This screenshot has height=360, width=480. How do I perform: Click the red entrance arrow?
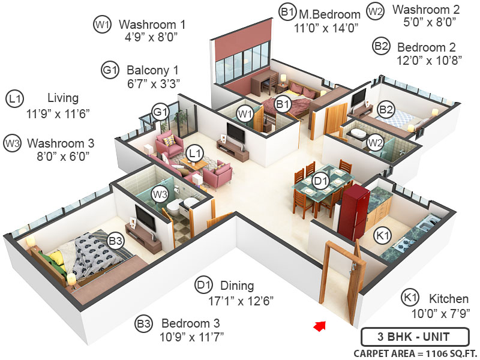pyautogui.click(x=320, y=326)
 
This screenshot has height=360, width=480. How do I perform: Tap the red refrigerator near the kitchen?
pyautogui.click(x=352, y=211)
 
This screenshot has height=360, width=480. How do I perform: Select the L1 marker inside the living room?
pyautogui.click(x=193, y=154)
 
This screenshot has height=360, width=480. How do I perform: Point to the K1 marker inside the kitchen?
pyautogui.click(x=380, y=235)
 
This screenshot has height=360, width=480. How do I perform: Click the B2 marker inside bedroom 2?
pyautogui.click(x=386, y=109)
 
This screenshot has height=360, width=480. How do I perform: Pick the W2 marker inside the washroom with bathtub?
pyautogui.click(x=375, y=143)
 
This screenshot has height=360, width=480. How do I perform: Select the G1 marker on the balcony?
pyautogui.click(x=160, y=112)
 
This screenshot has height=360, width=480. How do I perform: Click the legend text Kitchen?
pyautogui.click(x=449, y=298)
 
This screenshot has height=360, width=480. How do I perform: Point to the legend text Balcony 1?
pyautogui.click(x=152, y=69)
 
